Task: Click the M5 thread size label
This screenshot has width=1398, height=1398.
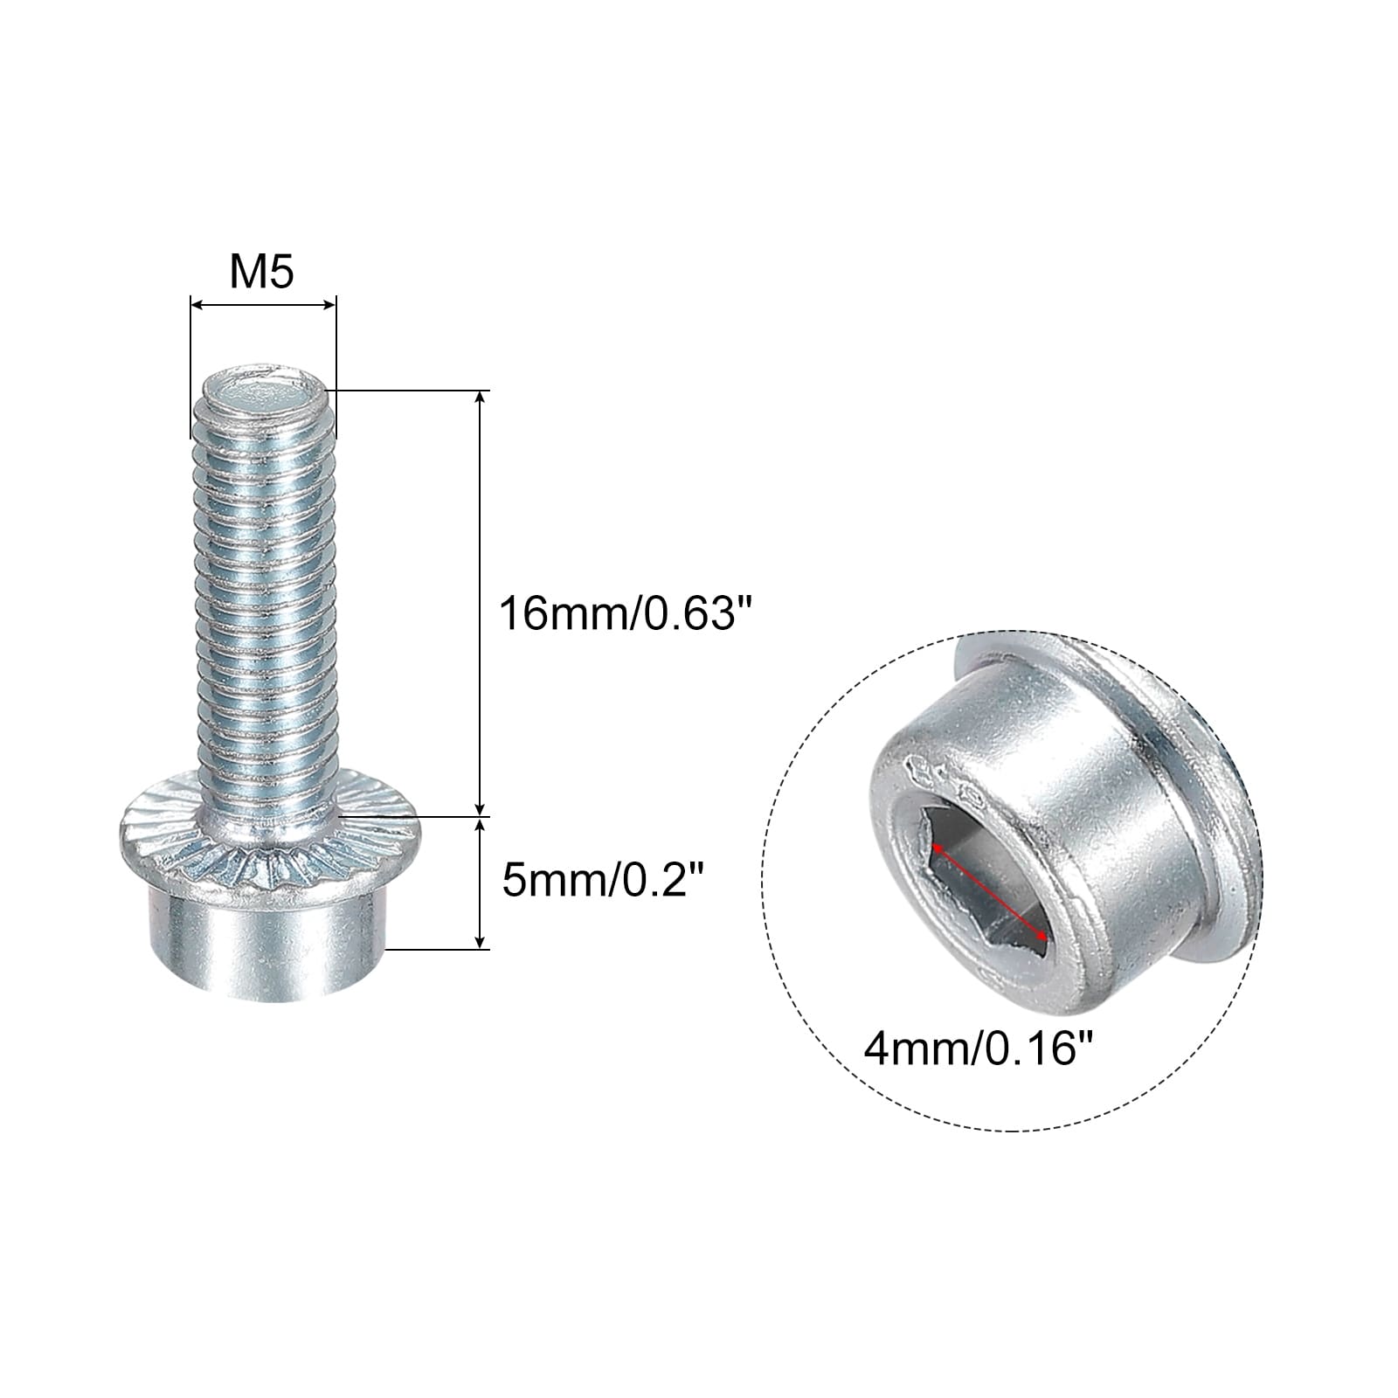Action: (261, 273)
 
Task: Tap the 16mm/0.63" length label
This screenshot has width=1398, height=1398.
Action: (625, 614)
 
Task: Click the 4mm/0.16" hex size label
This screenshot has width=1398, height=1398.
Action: (979, 1048)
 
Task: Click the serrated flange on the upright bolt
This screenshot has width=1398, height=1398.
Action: (270, 861)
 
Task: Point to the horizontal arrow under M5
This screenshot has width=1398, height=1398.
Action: (262, 305)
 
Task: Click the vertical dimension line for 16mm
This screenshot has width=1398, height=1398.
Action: (479, 603)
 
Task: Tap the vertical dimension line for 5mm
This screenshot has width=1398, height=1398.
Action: (479, 882)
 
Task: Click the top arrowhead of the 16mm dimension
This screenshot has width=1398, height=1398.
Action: (479, 398)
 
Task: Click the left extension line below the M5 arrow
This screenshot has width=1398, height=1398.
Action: (190, 376)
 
